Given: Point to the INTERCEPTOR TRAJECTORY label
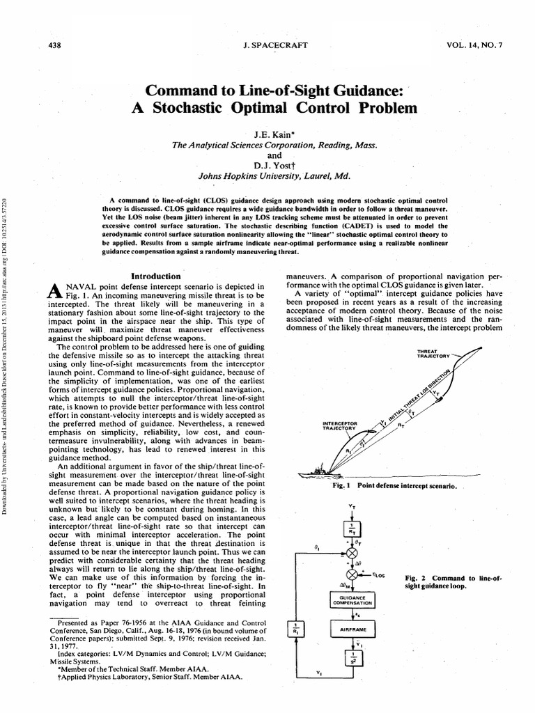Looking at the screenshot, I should coord(341,425).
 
